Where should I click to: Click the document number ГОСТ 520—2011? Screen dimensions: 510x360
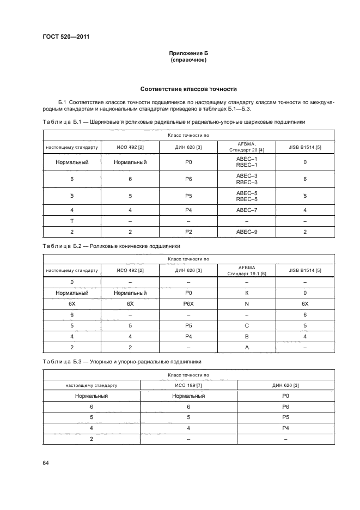(66, 37)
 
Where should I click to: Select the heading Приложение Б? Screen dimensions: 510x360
(188, 53)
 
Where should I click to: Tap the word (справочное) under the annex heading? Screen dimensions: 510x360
(188, 59)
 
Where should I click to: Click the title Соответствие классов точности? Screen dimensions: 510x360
(188, 89)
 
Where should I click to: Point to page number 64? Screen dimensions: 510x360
(46, 463)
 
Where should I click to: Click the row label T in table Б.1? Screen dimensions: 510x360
(72, 221)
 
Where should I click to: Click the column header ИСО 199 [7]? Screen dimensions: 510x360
(188, 385)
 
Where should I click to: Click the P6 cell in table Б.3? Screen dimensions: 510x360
(285, 406)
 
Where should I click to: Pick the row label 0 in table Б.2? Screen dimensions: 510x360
(72, 282)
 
